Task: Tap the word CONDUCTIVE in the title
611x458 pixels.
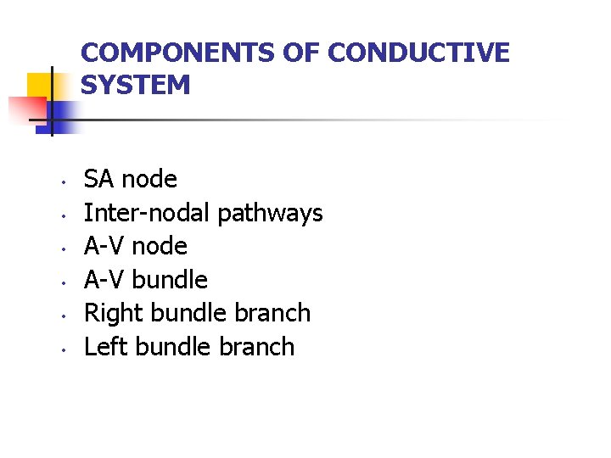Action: point(418,53)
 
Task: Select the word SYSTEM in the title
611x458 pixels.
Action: point(136,85)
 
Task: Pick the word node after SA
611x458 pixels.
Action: point(149,180)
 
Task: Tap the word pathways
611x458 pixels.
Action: point(270,214)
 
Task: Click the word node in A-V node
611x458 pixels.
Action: point(160,247)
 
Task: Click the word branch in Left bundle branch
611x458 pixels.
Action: point(255,347)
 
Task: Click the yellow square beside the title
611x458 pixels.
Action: point(40,85)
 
